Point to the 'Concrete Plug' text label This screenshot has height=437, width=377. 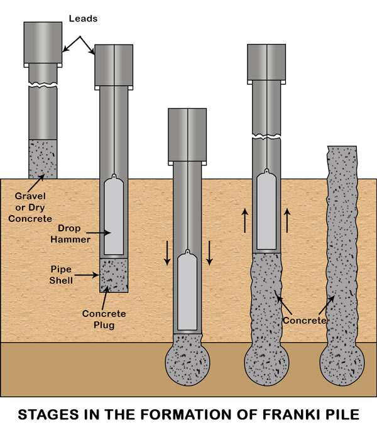point(104,319)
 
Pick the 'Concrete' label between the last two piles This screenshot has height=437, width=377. point(305,320)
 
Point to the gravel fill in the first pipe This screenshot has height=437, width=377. point(43,158)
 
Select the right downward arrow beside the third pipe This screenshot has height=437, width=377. point(210,252)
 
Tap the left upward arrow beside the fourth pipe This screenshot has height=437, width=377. point(246,221)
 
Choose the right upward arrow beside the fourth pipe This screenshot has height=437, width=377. point(287,221)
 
